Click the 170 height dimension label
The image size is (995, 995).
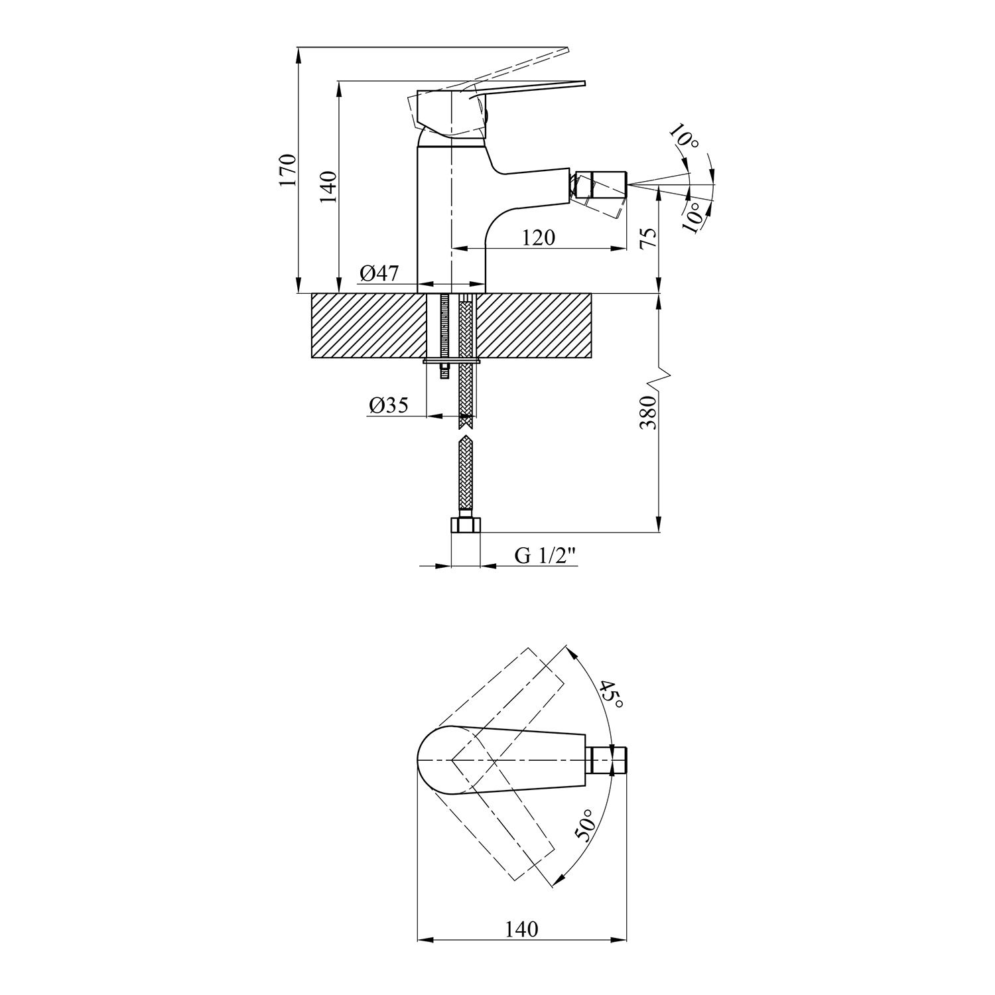(x=287, y=169)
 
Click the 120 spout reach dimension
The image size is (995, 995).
(x=539, y=237)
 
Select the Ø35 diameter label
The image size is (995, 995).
(x=389, y=405)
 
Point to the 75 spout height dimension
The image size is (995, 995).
(x=649, y=237)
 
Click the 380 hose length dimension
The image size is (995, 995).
(x=649, y=413)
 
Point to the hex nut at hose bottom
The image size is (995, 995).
(x=465, y=525)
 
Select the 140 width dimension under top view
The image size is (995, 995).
(x=522, y=929)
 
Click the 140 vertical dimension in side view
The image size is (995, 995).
(x=330, y=186)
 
